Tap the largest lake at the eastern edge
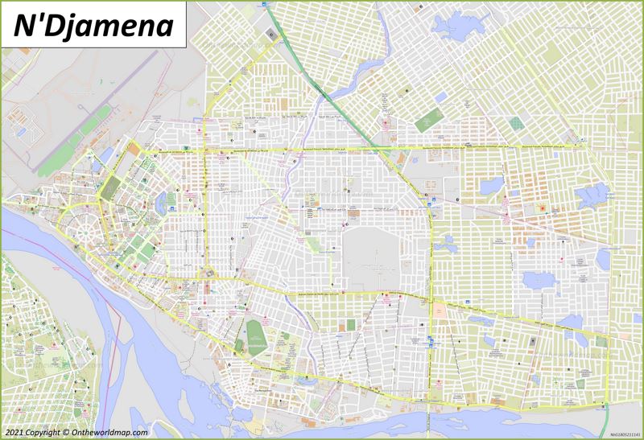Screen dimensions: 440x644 click(593, 195)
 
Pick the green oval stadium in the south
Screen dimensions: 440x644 click(256, 331)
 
